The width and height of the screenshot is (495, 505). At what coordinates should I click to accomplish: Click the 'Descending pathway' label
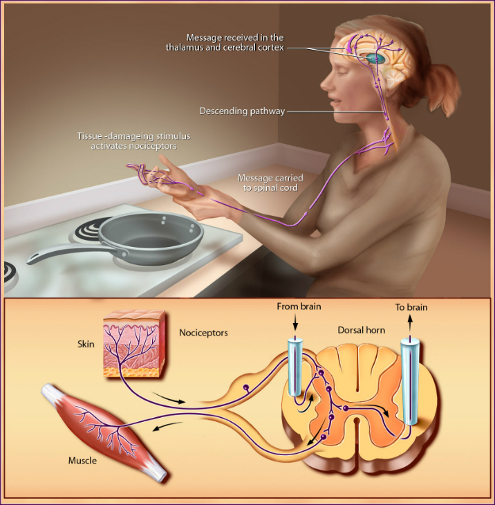point(242,111)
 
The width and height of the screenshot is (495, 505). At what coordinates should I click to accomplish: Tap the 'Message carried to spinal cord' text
point(270,183)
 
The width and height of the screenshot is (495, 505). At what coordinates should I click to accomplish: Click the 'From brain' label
point(299,306)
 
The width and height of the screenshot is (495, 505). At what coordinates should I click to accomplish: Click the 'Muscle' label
point(82,460)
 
